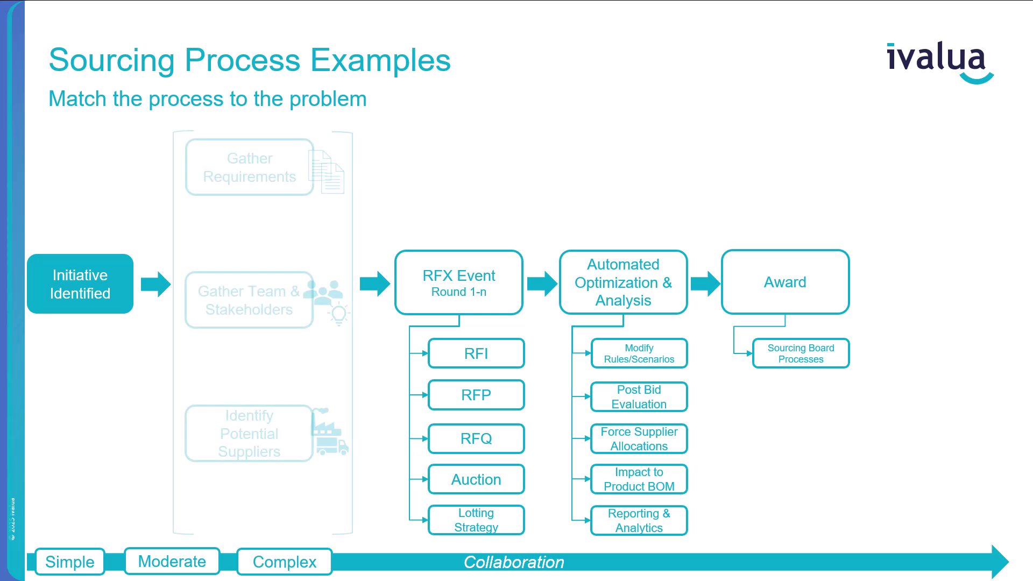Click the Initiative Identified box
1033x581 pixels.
click(x=80, y=284)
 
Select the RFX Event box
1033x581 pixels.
click(x=459, y=282)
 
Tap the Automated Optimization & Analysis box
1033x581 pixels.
click(x=623, y=282)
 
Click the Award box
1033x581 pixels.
click(x=785, y=282)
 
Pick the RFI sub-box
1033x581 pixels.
click(x=476, y=353)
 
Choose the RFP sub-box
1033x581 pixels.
click(x=476, y=395)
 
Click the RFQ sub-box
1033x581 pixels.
click(x=476, y=438)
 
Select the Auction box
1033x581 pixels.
click(x=476, y=479)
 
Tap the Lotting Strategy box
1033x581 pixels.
click(x=476, y=520)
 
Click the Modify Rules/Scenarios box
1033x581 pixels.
click(x=639, y=353)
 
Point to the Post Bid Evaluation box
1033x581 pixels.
click(x=639, y=397)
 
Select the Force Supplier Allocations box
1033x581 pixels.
click(x=639, y=439)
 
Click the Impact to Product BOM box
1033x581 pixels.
click(x=639, y=479)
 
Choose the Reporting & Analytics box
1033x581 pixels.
click(x=639, y=521)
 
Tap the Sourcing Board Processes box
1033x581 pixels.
click(x=801, y=353)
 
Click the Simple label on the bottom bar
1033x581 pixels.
click(x=70, y=562)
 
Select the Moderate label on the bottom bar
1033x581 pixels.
click(x=172, y=561)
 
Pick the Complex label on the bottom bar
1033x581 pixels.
click(x=285, y=562)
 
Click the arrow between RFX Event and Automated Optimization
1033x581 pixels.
click(x=542, y=284)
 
